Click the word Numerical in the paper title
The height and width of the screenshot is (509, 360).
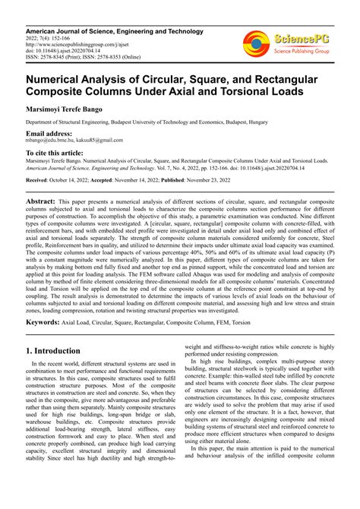pyautogui.click(x=55, y=77)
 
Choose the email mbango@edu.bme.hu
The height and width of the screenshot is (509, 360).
pyautogui.click(x=53, y=141)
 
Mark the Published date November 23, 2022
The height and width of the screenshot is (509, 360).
pyautogui.click(x=236, y=180)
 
